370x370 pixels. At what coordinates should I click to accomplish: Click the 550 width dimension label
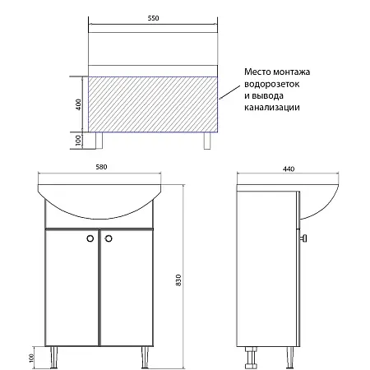[x=153, y=18]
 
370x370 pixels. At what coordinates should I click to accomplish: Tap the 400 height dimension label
[x=78, y=104]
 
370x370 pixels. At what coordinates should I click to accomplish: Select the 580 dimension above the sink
[x=101, y=167]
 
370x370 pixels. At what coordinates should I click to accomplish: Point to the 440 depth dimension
[x=289, y=169]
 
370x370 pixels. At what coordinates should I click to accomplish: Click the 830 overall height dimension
[x=178, y=280]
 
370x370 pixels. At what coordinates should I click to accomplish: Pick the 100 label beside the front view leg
[x=32, y=358]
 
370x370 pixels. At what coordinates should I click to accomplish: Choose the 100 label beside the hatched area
[x=78, y=141]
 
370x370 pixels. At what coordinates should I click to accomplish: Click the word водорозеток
[x=271, y=84]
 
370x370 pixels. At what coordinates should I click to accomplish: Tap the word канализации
[x=271, y=107]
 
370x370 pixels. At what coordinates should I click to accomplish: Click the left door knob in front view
[x=90, y=238]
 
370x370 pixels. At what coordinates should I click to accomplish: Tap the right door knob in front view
[x=109, y=238]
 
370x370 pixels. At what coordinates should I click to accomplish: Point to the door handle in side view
[x=303, y=238]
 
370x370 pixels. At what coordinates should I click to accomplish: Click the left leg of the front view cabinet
[x=54, y=358]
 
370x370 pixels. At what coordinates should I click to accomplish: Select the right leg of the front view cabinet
[x=145, y=358]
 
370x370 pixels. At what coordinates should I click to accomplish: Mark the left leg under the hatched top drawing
[x=99, y=141]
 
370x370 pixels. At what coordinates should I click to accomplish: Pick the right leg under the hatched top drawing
[x=207, y=141]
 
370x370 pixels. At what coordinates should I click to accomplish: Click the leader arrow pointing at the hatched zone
[x=229, y=92]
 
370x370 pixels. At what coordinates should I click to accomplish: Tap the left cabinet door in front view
[x=72, y=288]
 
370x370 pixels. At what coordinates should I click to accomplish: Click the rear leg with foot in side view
[x=251, y=358]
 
